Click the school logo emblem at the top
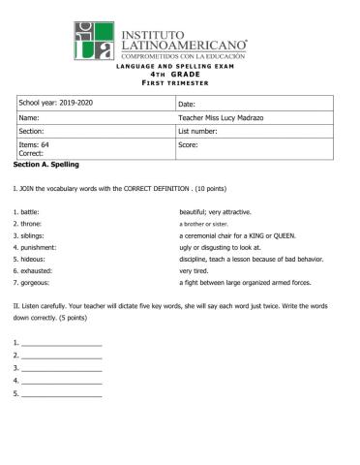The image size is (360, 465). (93, 41)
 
